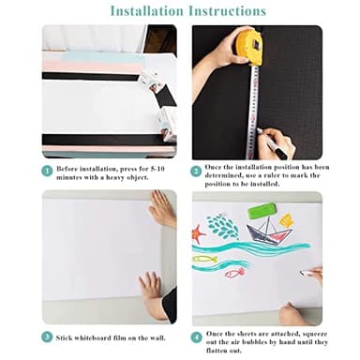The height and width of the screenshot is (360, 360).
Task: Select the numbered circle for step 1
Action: (x=46, y=172)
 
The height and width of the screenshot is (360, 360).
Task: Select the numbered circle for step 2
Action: (x=197, y=172)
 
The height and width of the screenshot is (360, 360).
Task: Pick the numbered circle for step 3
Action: (x=46, y=337)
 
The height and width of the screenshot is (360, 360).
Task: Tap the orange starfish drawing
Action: (x=199, y=233)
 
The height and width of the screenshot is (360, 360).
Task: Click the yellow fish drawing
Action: (x=204, y=258)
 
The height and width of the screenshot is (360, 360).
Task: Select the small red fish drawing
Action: (x=234, y=272)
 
